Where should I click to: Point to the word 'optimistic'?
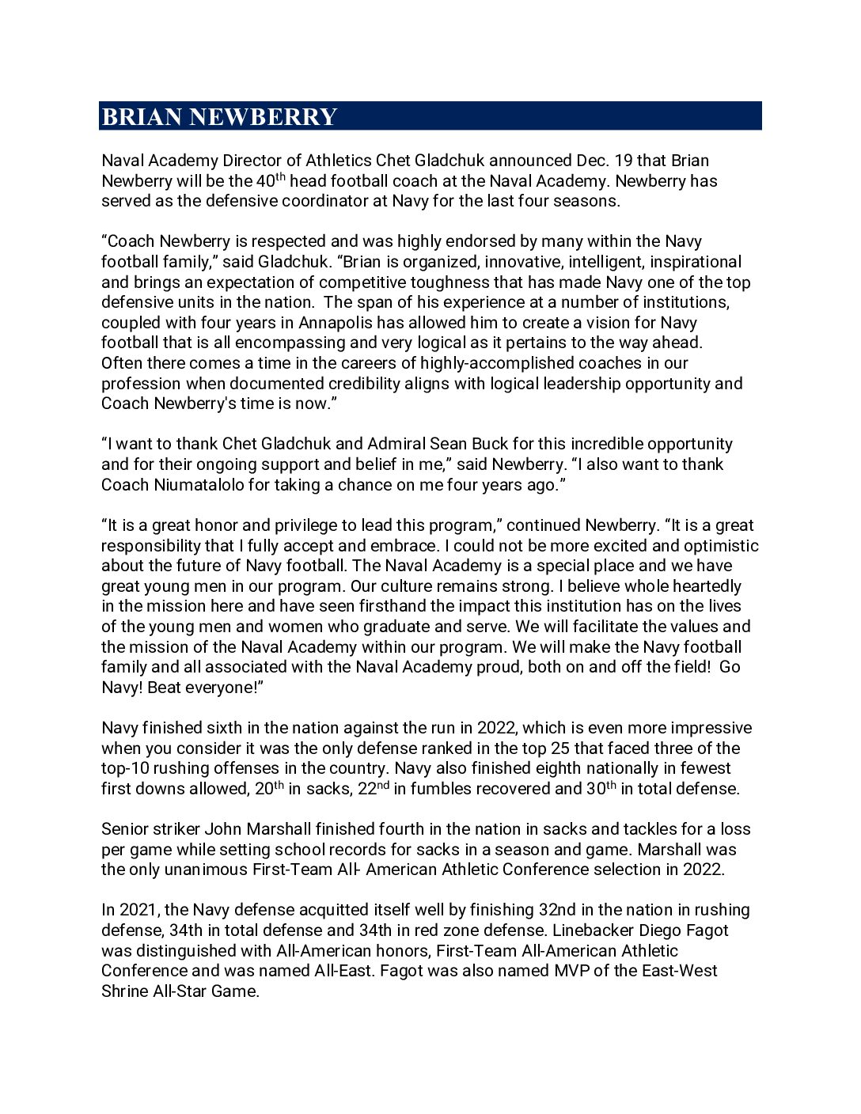(720, 546)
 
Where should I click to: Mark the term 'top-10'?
(123, 768)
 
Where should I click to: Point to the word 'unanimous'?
(208, 870)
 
